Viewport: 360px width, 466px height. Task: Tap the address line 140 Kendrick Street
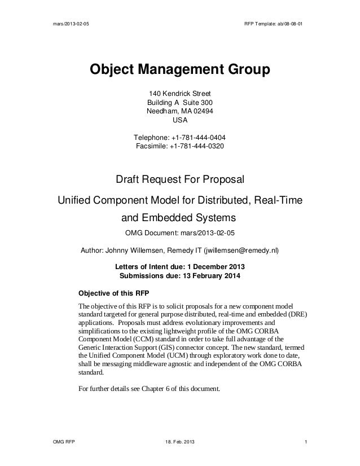[x=180, y=94]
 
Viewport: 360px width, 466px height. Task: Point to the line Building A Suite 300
[x=180, y=103]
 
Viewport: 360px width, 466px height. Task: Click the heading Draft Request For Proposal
[x=180, y=180]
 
